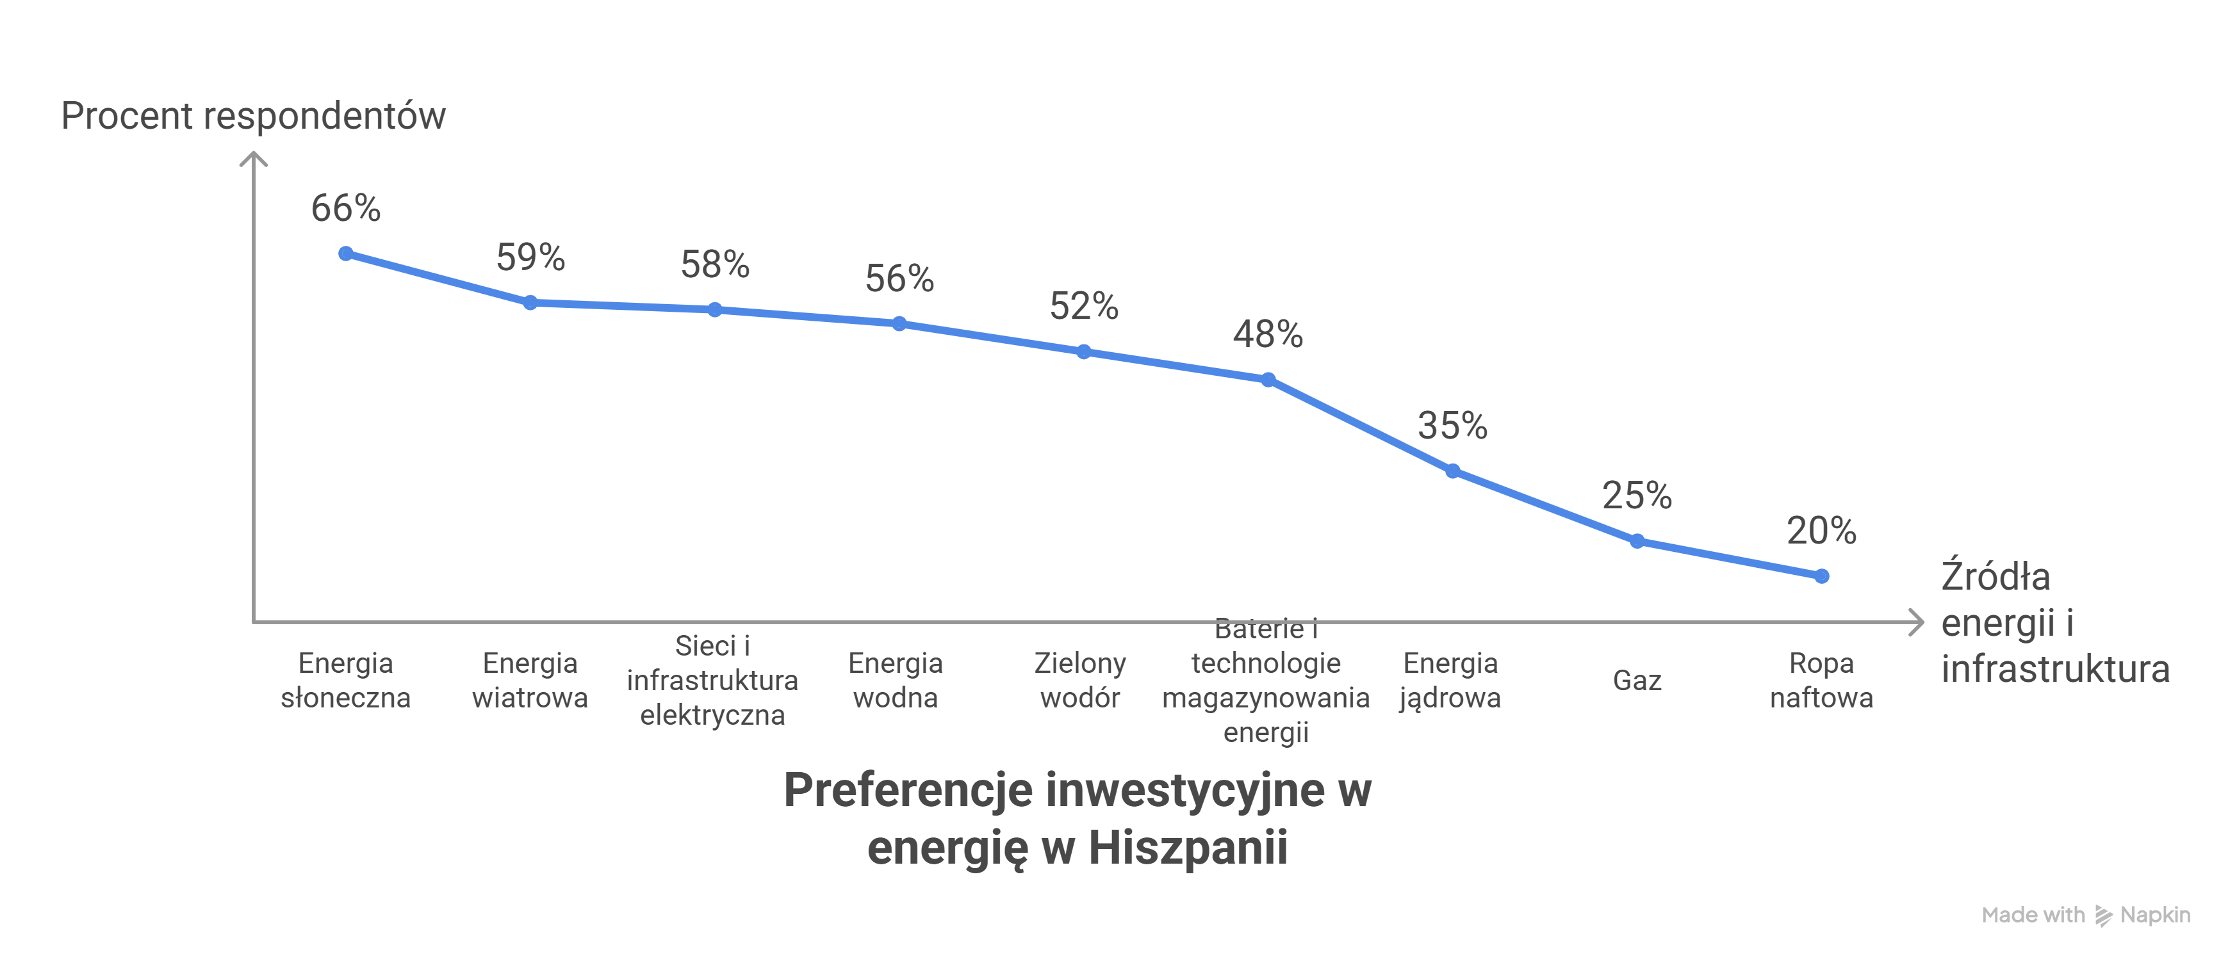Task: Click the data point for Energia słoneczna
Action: point(346,254)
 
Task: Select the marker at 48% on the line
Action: point(1268,380)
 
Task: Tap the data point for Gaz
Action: point(1637,541)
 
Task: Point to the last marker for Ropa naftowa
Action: point(1822,576)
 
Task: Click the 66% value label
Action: point(346,208)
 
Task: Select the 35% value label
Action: point(1452,425)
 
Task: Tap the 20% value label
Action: point(1821,531)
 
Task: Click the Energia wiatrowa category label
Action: point(530,680)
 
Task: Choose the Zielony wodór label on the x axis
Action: point(1079,680)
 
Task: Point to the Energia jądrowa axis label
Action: point(1450,680)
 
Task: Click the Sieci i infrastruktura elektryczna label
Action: point(712,680)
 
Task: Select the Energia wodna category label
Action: point(896,680)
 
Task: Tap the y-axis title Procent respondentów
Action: point(252,115)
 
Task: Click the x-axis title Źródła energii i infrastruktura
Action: point(2054,622)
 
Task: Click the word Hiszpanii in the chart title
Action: point(1187,848)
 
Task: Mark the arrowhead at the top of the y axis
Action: point(252,158)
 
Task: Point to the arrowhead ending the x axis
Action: point(1917,622)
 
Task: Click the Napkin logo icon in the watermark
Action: point(2102,915)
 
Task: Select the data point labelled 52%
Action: point(1084,351)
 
